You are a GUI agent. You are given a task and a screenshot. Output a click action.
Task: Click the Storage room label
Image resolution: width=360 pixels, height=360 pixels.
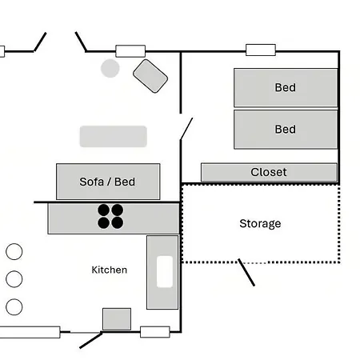(260, 224)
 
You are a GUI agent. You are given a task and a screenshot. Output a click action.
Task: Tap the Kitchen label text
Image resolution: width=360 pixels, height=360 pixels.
(110, 270)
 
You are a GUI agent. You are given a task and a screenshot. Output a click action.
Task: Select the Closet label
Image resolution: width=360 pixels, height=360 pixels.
(269, 172)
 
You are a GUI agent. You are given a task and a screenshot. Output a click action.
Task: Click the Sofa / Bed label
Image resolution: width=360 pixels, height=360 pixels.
(107, 182)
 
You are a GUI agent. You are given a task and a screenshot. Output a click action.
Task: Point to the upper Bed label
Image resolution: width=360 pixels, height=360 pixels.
(286, 87)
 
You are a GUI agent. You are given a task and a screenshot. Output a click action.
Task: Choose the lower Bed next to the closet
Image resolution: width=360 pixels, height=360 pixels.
(286, 130)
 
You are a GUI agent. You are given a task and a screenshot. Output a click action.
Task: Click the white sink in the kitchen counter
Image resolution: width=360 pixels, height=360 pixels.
(165, 272)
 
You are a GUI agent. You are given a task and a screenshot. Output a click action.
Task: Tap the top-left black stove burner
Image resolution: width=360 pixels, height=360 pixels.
(103, 210)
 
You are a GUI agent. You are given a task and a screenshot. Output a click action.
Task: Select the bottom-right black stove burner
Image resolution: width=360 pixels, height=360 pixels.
(117, 222)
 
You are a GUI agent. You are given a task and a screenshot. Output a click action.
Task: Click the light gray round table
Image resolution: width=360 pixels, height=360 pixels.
(110, 68)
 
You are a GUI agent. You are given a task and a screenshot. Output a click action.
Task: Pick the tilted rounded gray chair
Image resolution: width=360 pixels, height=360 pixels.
(150, 76)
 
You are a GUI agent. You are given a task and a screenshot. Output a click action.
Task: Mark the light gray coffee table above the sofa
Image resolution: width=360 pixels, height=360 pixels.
(114, 137)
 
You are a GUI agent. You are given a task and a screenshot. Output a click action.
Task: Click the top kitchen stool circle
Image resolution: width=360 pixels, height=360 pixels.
(14, 251)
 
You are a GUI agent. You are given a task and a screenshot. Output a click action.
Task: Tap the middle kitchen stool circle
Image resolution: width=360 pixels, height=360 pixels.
(14, 279)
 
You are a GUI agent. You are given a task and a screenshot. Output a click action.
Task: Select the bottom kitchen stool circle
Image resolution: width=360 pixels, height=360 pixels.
(14, 307)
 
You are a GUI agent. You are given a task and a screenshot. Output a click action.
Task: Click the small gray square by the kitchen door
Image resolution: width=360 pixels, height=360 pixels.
(117, 319)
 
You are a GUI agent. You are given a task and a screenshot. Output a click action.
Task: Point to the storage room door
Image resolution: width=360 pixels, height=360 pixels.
(246, 272)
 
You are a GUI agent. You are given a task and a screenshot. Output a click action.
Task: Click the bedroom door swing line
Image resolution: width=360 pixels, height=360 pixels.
(186, 129)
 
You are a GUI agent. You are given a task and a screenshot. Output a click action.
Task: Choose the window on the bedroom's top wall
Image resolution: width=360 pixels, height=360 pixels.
(261, 50)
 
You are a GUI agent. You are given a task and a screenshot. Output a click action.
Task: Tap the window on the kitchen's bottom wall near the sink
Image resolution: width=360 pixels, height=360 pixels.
(155, 332)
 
